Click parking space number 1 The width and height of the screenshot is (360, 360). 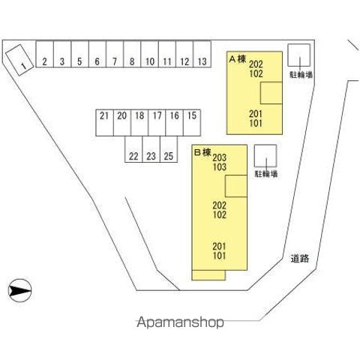[x=19, y=60]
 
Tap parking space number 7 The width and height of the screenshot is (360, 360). [x=115, y=54]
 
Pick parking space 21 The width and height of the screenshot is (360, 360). [x=105, y=123]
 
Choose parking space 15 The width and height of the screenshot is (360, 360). [x=192, y=123]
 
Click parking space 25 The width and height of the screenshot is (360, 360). [x=169, y=149]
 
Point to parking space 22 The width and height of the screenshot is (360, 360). [x=133, y=149]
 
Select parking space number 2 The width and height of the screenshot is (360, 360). [x=45, y=54]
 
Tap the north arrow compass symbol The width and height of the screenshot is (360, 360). [x=19, y=290]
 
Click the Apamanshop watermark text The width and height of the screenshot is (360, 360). [x=180, y=322]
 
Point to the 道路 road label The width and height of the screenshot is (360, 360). [x=300, y=258]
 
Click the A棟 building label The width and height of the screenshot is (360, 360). [x=238, y=59]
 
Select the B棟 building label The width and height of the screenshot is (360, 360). [x=202, y=152]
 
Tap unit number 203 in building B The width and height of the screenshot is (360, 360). [x=220, y=157]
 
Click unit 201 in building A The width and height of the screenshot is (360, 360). [x=256, y=114]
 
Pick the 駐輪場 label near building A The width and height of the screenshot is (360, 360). [x=301, y=74]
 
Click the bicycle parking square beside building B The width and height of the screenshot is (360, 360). [x=265, y=156]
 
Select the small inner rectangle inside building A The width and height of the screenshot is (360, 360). [x=271, y=93]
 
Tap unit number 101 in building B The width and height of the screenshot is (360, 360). [x=219, y=256]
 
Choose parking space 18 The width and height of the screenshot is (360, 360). [x=139, y=123]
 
